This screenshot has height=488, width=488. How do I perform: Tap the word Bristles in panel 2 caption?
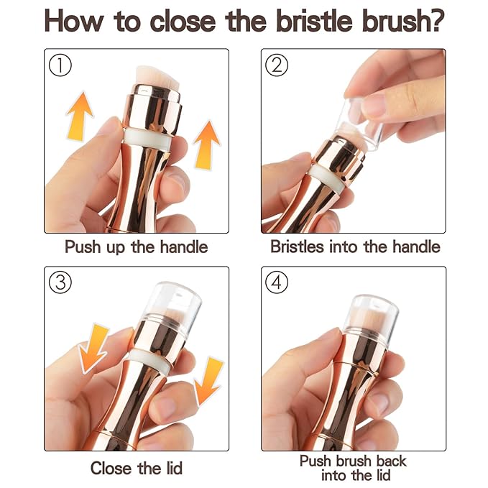click(298, 247)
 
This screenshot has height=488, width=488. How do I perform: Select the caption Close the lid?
click(137, 468)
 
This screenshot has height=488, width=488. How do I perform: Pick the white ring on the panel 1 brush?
click(147, 138)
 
